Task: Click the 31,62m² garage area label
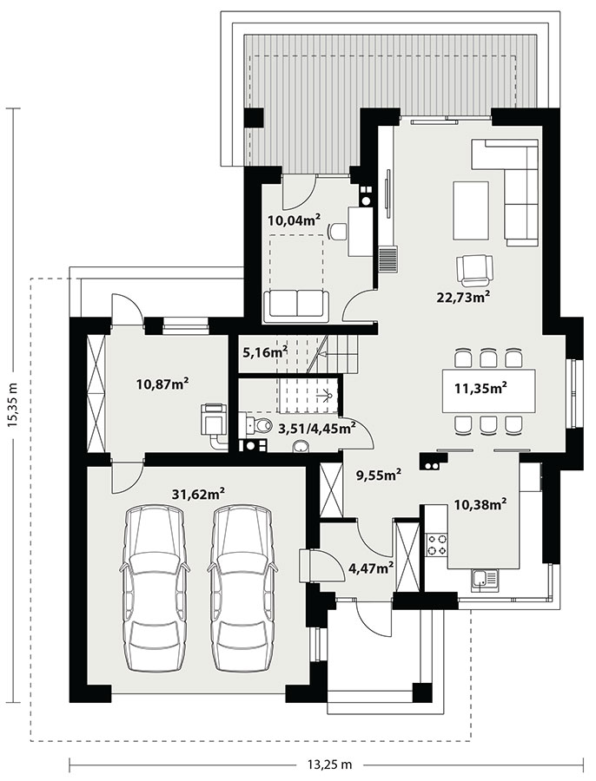198,494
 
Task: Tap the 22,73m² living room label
463,297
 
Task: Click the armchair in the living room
475,270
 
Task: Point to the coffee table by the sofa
470,210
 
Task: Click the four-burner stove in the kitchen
436,544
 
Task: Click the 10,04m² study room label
294,220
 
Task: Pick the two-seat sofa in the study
297,305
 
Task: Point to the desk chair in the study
338,232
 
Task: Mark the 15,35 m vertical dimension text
12,404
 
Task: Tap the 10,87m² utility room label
162,384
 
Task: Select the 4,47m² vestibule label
369,568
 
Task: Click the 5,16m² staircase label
265,352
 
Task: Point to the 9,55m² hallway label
379,476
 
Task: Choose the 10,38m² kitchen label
480,505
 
